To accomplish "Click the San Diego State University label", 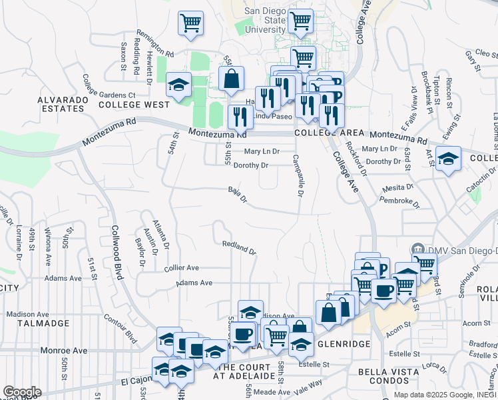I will [264, 20].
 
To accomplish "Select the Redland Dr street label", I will [239, 247].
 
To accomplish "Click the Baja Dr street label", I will [238, 194].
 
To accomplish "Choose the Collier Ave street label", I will [181, 268].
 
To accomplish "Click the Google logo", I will [21, 392].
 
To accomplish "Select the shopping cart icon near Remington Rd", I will [190, 23].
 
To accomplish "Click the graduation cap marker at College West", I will [178, 85].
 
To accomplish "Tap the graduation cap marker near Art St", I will [449, 159].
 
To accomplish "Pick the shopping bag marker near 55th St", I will [230, 79].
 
